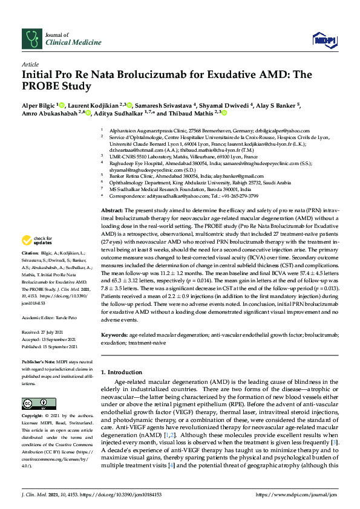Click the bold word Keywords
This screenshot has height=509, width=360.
(x=114, y=334)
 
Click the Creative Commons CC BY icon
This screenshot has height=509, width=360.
(x=34, y=403)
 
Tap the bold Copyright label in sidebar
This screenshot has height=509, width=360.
(x=33, y=417)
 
